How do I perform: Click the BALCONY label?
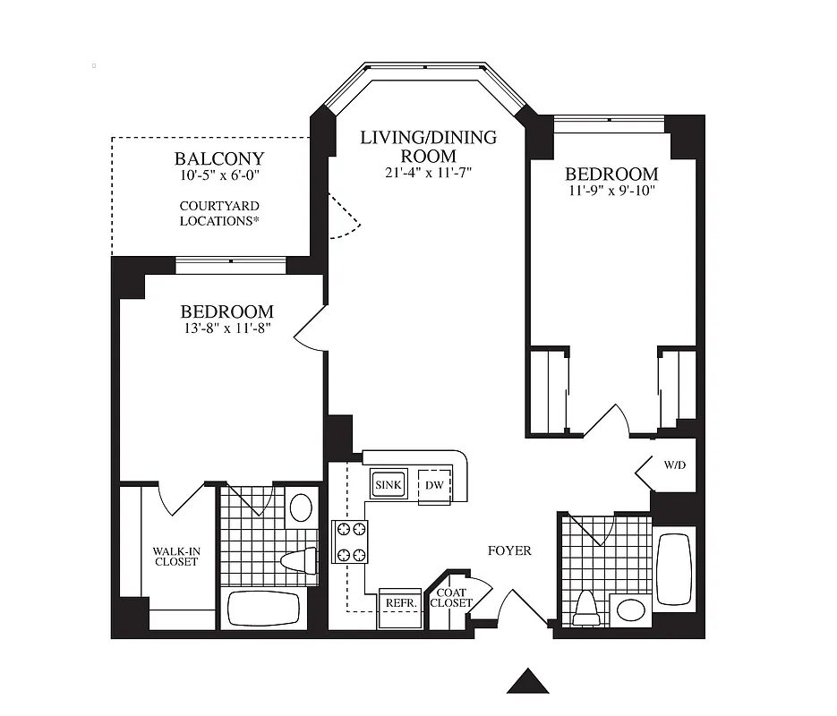pyautogui.click(x=219, y=160)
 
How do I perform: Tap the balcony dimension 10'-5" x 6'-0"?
pyautogui.click(x=219, y=176)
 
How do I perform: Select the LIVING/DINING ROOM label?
pyautogui.click(x=428, y=147)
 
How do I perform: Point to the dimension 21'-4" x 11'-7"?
pyautogui.click(x=428, y=173)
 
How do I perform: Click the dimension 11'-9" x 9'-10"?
pyautogui.click(x=611, y=191)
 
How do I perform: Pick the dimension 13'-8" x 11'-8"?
pyautogui.click(x=226, y=328)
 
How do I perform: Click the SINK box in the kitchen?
pyautogui.click(x=389, y=485)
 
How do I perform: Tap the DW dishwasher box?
pyautogui.click(x=435, y=485)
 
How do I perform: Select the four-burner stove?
pyautogui.click(x=349, y=541)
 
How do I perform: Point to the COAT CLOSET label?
pyautogui.click(x=451, y=598)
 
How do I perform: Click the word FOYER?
pyautogui.click(x=508, y=550)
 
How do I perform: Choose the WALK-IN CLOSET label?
pyautogui.click(x=175, y=556)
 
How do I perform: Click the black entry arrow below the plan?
pyautogui.click(x=527, y=682)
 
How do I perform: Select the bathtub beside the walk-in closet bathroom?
pyautogui.click(x=262, y=609)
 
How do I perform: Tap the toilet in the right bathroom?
pyautogui.click(x=586, y=609)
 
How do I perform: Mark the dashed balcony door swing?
pyautogui.click(x=345, y=217)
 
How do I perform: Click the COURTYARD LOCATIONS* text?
pyautogui.click(x=219, y=213)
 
